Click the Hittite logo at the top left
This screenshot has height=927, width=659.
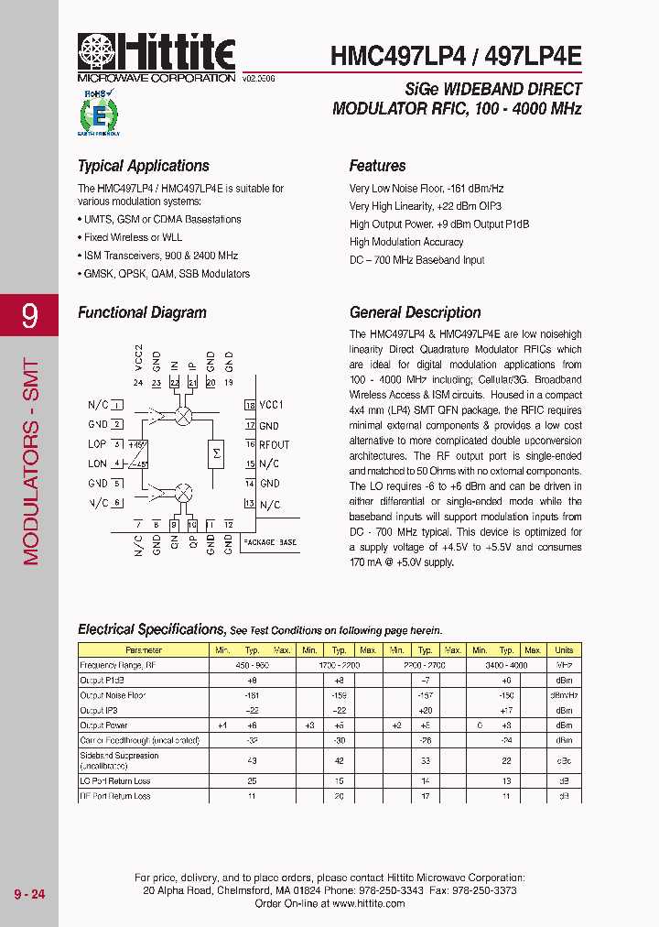(157, 55)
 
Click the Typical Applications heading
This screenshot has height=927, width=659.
(144, 166)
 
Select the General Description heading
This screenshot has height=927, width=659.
(415, 312)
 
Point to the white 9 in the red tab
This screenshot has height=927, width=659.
(30, 316)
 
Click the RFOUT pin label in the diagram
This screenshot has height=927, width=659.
(274, 444)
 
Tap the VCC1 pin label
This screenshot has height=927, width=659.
(272, 405)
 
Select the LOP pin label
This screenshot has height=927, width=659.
(97, 444)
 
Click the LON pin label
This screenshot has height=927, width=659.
(97, 463)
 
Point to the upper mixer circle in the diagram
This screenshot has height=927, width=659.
(183, 416)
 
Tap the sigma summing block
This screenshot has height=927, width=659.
(217, 453)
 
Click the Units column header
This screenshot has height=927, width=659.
(564, 650)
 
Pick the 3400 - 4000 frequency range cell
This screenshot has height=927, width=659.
(506, 665)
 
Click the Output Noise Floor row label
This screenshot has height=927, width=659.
(113, 695)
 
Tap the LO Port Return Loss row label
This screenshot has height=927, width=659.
(115, 781)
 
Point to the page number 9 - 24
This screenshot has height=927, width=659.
(29, 894)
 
